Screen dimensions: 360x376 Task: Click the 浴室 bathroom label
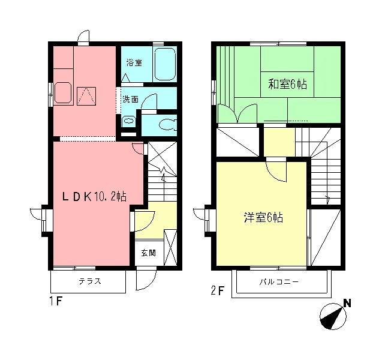134,62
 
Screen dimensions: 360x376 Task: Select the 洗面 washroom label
131,98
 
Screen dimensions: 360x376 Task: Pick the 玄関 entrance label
149,253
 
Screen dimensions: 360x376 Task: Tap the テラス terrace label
89,281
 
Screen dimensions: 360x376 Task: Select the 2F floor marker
218,292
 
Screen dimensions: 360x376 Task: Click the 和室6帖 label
287,85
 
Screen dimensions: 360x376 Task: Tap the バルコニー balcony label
279,281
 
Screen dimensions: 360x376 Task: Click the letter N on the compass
346,304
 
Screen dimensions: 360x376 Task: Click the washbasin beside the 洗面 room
128,121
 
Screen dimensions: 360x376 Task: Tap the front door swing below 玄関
146,277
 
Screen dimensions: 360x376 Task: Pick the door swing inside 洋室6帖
276,173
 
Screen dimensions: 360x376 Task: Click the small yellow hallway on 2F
279,142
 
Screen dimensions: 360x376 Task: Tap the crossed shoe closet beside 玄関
170,246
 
